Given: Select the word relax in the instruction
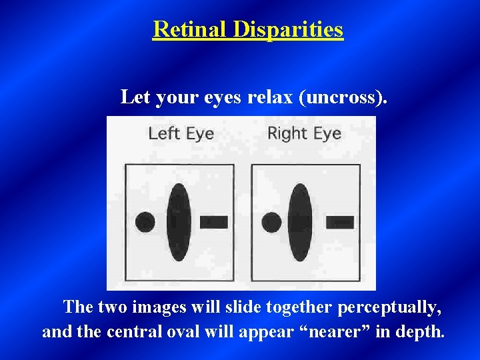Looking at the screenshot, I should point(271,97).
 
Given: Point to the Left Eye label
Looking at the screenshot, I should point(181,133).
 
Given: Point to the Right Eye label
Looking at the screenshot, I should point(304,133).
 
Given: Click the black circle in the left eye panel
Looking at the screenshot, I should point(145,221).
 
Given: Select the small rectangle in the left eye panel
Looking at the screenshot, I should point(213,221).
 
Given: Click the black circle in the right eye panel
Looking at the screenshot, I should point(271,221).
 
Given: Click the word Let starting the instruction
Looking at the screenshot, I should point(135,97).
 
